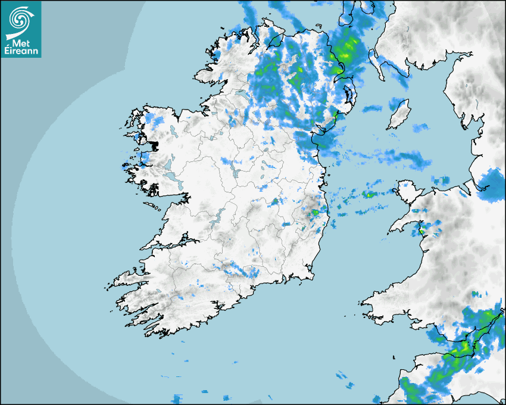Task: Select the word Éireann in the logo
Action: click(21, 52)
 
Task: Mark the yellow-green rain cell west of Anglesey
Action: click(369, 194)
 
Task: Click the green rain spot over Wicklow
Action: click(316, 211)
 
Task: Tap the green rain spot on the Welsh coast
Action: click(421, 229)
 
